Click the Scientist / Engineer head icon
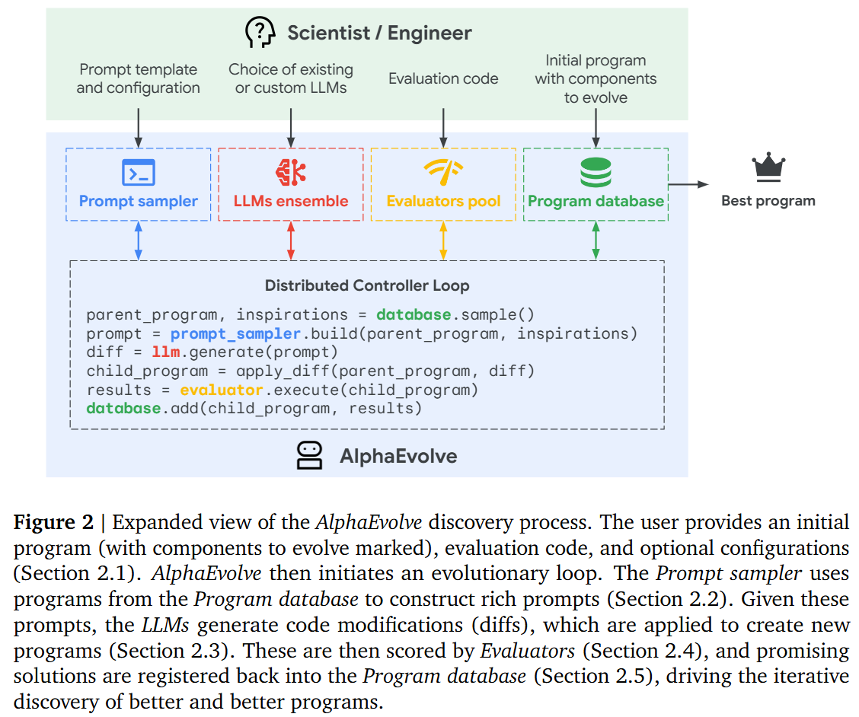point(260,33)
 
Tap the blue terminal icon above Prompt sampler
point(139,173)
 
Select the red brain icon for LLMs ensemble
point(290,172)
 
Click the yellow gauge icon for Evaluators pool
point(443,173)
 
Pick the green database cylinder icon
point(596,172)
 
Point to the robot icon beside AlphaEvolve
point(309,455)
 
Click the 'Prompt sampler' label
point(139,202)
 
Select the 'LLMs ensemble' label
point(291,202)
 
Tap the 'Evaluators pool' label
point(443,202)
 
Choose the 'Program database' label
point(596,202)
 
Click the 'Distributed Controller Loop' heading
point(367,286)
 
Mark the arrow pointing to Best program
point(688,184)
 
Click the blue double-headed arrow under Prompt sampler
point(139,241)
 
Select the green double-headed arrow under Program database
point(596,241)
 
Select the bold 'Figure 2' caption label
point(53,523)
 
